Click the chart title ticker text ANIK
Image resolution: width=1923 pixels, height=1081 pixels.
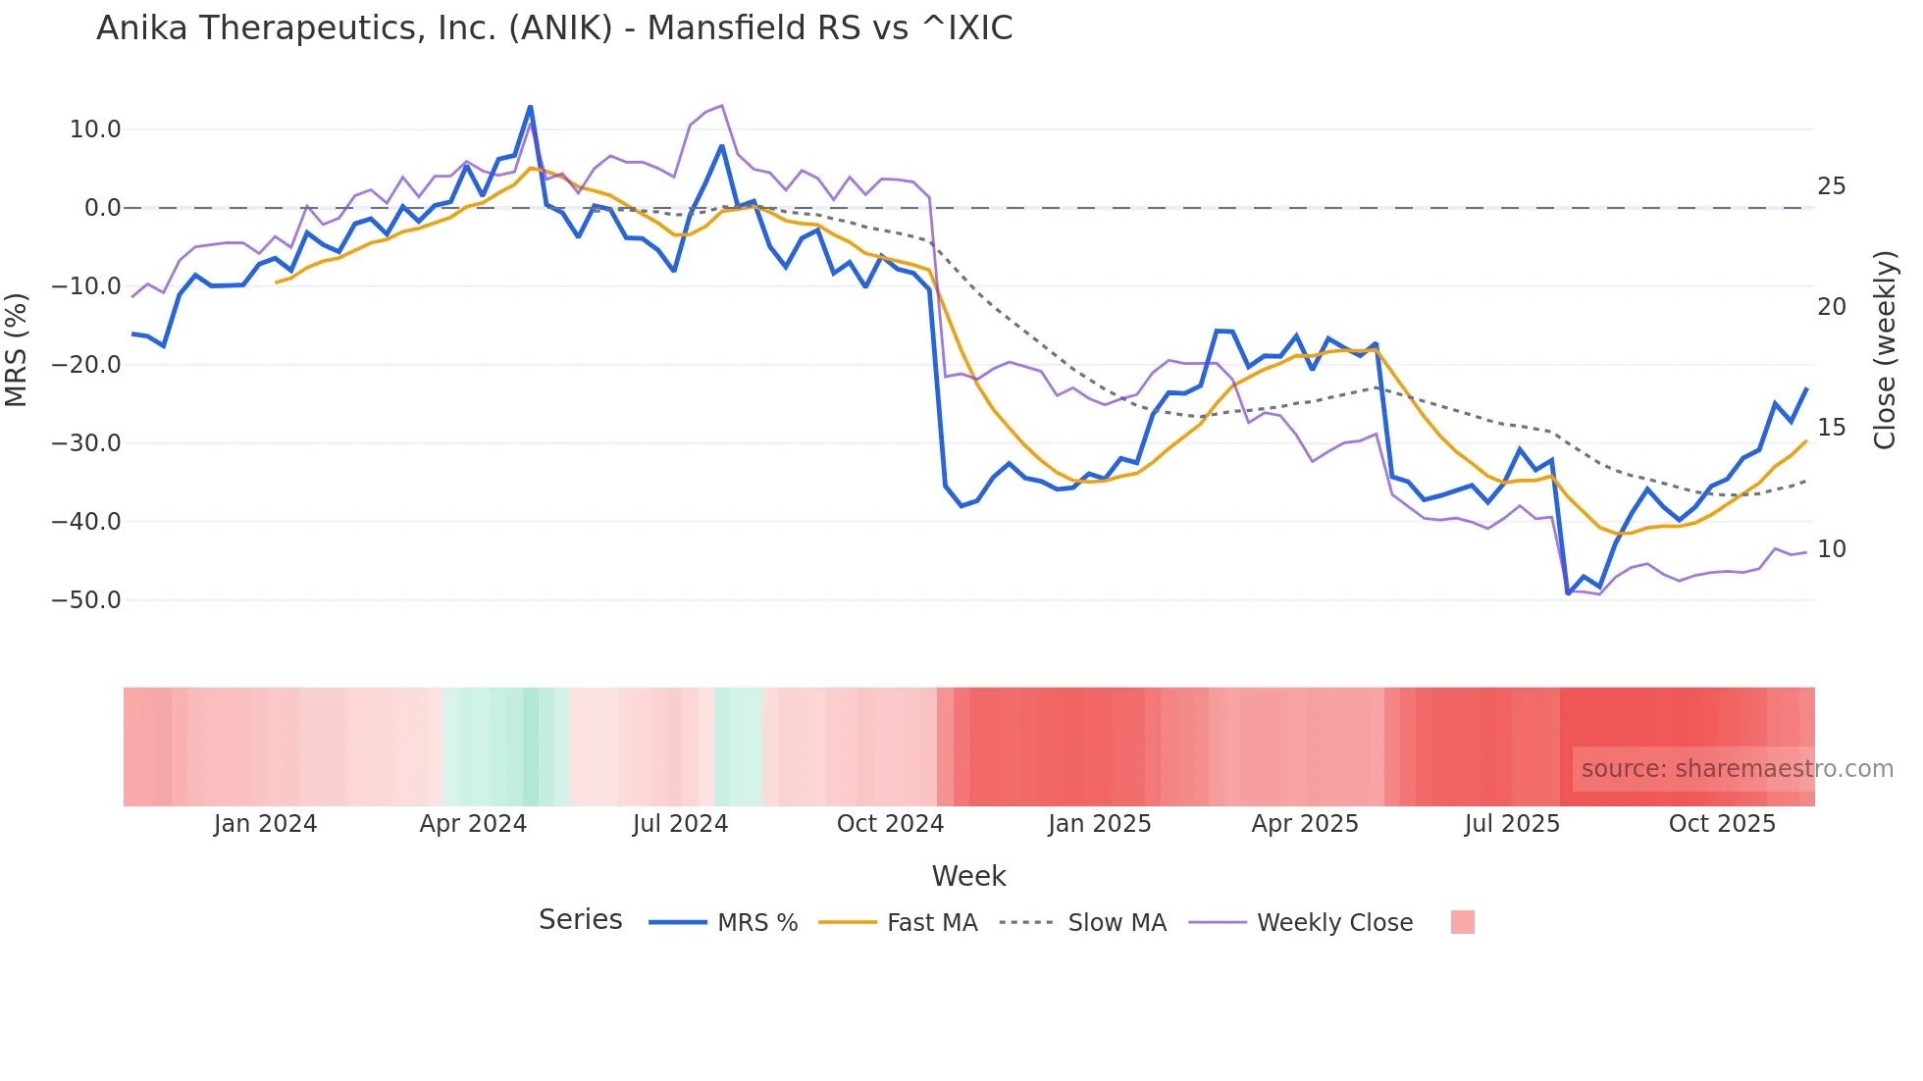point(560,28)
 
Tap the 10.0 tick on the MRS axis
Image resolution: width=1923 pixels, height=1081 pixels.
point(95,129)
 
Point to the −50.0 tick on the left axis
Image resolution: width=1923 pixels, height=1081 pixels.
point(86,600)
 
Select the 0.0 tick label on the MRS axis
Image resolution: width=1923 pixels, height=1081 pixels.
point(102,208)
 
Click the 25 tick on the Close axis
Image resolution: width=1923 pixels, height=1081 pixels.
point(1831,186)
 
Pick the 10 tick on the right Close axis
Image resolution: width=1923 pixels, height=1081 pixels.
point(1831,549)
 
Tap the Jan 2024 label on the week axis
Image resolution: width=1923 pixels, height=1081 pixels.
point(265,824)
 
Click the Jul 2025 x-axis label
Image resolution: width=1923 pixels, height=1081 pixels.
point(1512,824)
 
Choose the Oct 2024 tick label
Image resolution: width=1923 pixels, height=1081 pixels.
point(890,824)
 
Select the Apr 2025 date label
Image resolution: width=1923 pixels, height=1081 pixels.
point(1305,824)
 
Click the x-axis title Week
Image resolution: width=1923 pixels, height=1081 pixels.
point(968,876)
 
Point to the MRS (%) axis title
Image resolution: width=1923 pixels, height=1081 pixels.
point(17,350)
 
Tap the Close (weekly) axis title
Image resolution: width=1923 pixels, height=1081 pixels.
point(1885,350)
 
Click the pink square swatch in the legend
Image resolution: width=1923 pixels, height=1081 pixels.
point(1462,922)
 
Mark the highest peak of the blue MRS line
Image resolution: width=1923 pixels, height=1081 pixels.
point(530,106)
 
